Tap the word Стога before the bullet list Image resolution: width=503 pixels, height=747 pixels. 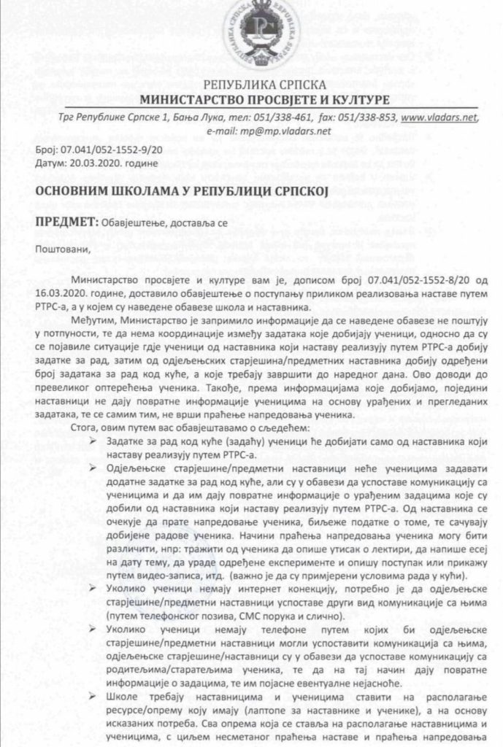88,425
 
